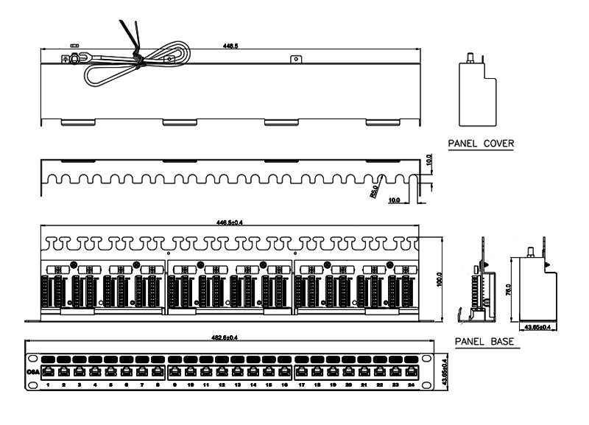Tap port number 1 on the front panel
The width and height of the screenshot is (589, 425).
click(x=48, y=384)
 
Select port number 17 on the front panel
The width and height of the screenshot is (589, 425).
click(x=303, y=384)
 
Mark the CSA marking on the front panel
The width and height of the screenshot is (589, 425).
click(x=33, y=372)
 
